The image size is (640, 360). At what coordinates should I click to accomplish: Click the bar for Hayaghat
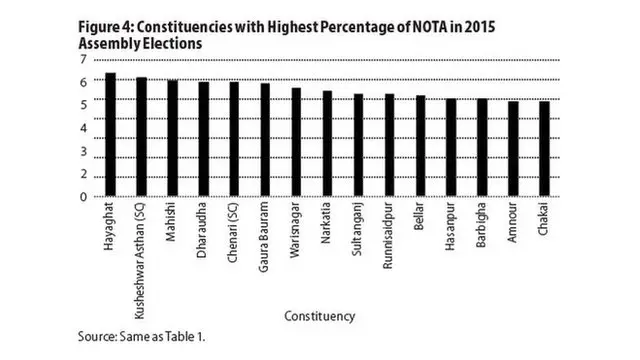pyautogui.click(x=111, y=135)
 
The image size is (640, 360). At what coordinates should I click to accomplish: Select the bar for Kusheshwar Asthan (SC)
pyautogui.click(x=142, y=137)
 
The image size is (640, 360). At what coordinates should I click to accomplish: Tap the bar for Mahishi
pyautogui.click(x=173, y=138)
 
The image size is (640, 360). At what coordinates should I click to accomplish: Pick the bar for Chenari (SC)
pyautogui.click(x=234, y=139)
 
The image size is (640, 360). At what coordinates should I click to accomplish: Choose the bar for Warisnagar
pyautogui.click(x=296, y=142)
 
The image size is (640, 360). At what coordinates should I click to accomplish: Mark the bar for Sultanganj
pyautogui.click(x=358, y=145)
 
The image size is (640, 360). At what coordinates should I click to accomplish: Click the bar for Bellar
pyautogui.click(x=420, y=146)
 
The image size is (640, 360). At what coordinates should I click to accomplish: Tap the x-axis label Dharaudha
pyautogui.click(x=204, y=230)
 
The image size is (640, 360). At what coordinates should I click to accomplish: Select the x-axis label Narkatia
pyautogui.click(x=327, y=226)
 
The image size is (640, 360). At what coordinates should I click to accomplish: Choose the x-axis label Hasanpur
pyautogui.click(x=451, y=229)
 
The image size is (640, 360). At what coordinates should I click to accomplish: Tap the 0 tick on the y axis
pyautogui.click(x=83, y=197)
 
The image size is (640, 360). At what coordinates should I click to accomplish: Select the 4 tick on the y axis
pyautogui.click(x=83, y=120)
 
